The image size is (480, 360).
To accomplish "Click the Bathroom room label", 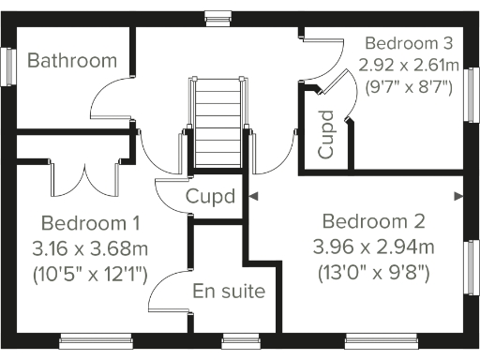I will pyautogui.click(x=72, y=61).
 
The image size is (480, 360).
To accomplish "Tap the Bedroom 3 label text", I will pyautogui.click(x=409, y=43).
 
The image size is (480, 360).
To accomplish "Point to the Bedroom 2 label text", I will pyautogui.click(x=373, y=222).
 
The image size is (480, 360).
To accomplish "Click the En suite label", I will pyautogui.click(x=229, y=292).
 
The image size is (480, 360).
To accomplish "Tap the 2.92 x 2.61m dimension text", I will pyautogui.click(x=409, y=65).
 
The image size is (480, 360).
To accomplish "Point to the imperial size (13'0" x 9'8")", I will pyautogui.click(x=374, y=273).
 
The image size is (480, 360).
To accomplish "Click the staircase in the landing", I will pyautogui.click(x=218, y=122).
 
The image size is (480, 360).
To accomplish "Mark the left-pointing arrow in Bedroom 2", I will pyautogui.click(x=254, y=197).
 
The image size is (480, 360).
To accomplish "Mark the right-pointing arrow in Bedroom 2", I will pyautogui.click(x=458, y=197).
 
